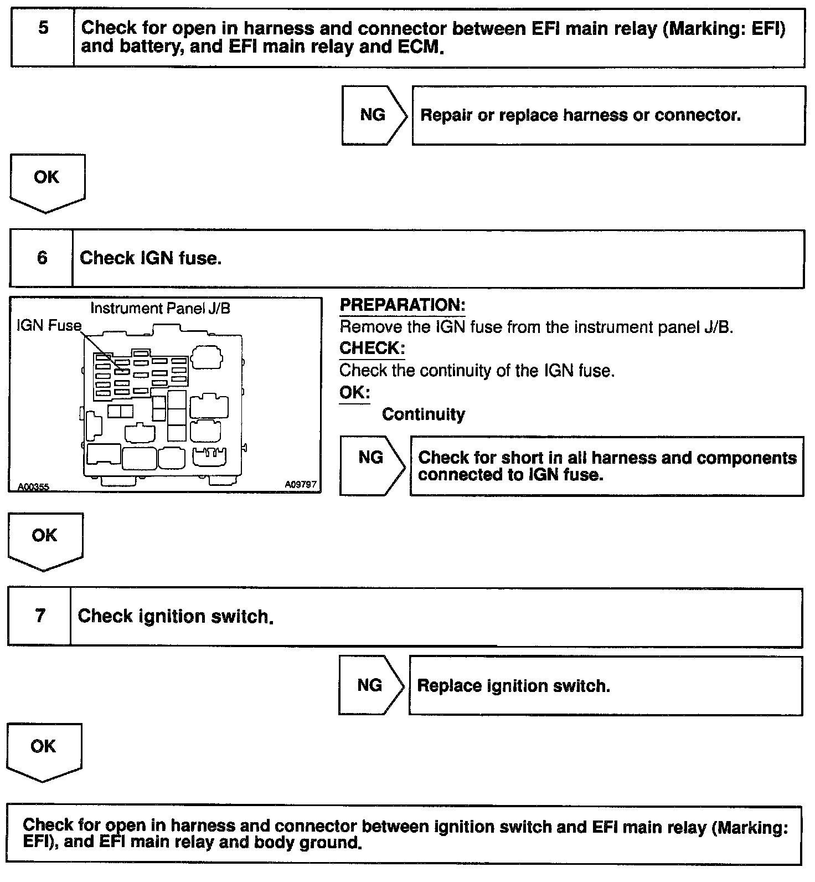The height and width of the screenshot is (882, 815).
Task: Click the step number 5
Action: (x=43, y=28)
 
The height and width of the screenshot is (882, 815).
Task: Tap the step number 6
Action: (x=42, y=258)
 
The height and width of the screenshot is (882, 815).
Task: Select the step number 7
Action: (x=40, y=616)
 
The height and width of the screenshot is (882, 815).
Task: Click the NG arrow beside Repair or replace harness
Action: (x=374, y=115)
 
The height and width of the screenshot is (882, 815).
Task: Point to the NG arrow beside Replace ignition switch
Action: (x=370, y=685)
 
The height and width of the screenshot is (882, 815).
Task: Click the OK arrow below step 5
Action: (x=47, y=182)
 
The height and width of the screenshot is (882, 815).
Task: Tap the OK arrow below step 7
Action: (x=44, y=751)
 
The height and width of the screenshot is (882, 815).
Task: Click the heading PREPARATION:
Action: (x=402, y=305)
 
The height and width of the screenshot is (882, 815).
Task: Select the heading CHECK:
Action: (x=372, y=348)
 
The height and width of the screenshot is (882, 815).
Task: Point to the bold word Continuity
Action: (x=424, y=414)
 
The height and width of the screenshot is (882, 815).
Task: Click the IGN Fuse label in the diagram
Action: (x=49, y=326)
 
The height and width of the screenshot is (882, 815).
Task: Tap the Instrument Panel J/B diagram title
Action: (x=160, y=309)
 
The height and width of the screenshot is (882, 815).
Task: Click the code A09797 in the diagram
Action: (x=301, y=485)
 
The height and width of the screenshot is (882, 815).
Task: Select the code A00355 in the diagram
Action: (x=33, y=487)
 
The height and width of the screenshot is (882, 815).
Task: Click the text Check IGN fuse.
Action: (x=151, y=258)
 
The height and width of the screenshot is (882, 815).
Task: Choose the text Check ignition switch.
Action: (x=176, y=617)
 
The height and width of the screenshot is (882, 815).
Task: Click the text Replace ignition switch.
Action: (x=513, y=686)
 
